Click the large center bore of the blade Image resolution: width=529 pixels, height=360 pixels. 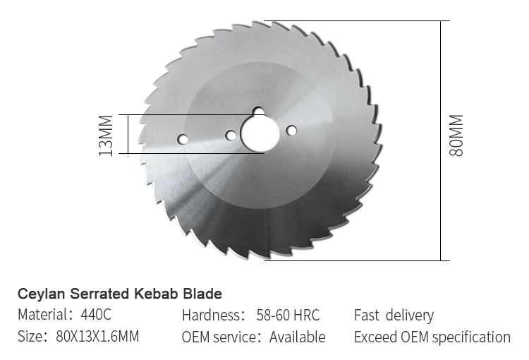click(x=260, y=133)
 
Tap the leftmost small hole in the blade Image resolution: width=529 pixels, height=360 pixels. click(x=183, y=139)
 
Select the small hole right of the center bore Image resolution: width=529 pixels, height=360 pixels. click(x=291, y=130)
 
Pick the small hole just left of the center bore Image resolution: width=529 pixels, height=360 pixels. click(x=231, y=135)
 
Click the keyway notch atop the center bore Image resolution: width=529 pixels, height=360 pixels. click(x=259, y=112)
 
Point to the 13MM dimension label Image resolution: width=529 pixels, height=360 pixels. click(x=105, y=134)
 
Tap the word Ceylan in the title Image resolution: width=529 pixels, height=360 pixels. click(x=40, y=293)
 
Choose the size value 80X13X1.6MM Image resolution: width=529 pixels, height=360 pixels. click(x=97, y=337)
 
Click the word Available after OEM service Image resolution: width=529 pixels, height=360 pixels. click(x=298, y=337)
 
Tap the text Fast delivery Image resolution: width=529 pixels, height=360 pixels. click(x=394, y=315)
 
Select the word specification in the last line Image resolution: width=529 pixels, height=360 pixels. click(x=470, y=337)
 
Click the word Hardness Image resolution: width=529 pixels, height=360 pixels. click(x=212, y=315)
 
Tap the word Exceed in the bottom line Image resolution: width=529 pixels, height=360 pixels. click(x=375, y=337)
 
